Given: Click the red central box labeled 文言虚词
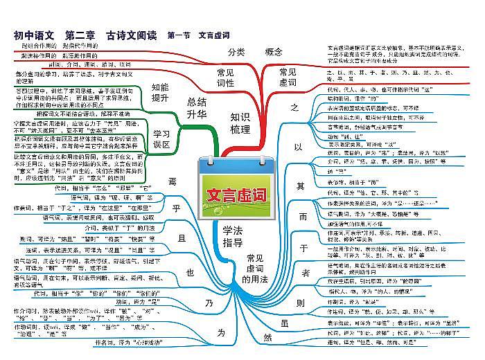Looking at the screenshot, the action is click(x=237, y=195).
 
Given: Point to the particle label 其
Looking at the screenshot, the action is click(x=300, y=185).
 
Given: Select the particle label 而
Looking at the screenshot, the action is click(x=302, y=216).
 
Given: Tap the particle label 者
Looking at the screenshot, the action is click(x=299, y=274).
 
